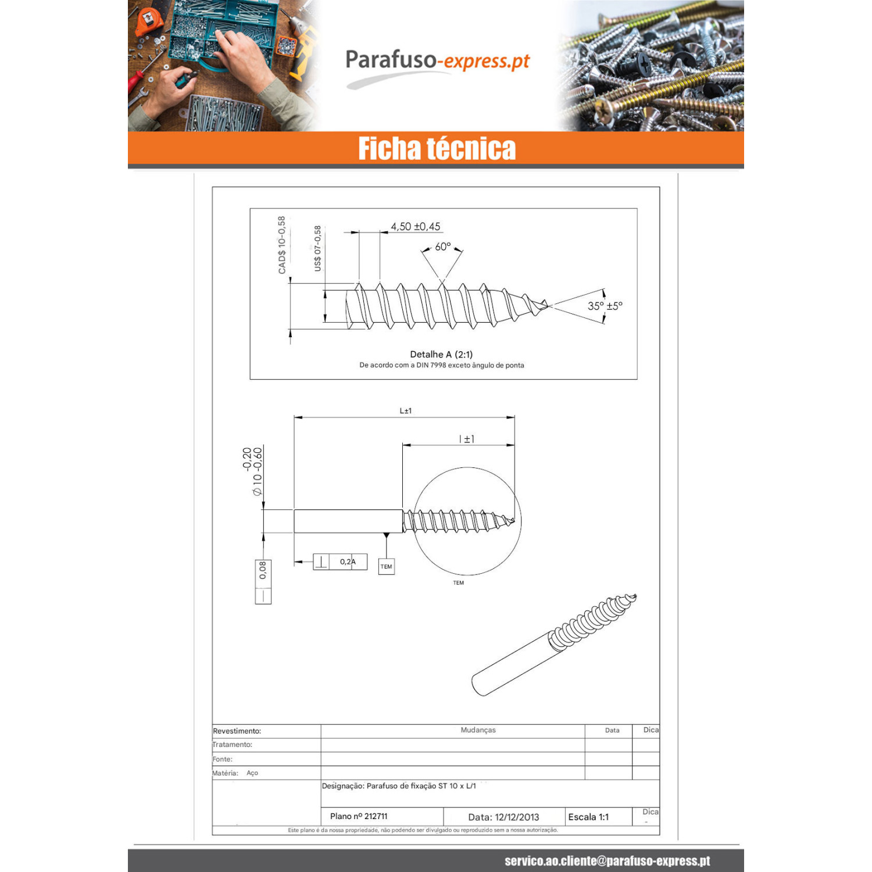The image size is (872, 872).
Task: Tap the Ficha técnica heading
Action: (437, 149)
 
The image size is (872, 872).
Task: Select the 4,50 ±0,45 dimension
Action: (416, 227)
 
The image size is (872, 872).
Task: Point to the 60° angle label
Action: (443, 246)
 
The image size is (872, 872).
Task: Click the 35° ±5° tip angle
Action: (605, 306)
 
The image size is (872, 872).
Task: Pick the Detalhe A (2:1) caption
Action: (441, 354)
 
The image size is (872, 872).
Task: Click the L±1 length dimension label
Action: (406, 411)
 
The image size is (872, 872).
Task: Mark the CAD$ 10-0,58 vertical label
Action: (282, 245)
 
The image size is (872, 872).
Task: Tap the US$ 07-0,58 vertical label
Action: (317, 248)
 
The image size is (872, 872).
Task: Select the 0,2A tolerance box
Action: (340, 562)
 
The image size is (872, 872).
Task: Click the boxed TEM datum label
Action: (387, 566)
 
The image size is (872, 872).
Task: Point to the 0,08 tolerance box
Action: (263, 582)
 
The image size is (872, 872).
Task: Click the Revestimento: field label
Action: (237, 731)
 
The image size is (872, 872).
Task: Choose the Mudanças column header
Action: (478, 730)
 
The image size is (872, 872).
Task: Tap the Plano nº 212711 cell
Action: (359, 816)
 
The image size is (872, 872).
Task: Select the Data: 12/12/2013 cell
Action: (503, 817)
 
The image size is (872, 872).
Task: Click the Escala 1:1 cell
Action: (588, 817)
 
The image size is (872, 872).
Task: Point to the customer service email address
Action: (607, 860)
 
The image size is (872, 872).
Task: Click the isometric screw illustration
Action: (554, 645)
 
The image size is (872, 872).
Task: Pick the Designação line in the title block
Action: (399, 786)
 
